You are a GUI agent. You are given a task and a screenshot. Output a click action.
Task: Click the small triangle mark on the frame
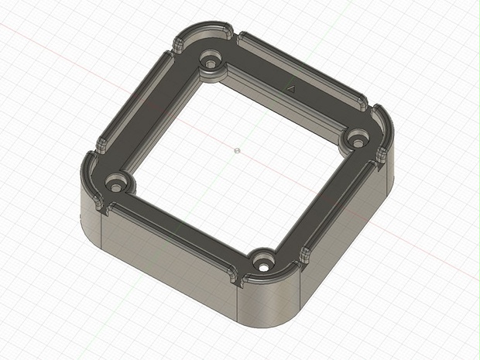292,89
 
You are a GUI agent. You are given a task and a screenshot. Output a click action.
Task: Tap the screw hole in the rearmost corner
209,61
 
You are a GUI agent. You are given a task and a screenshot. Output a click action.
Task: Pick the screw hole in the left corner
116,185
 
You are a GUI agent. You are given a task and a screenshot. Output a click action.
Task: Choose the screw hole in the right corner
355,140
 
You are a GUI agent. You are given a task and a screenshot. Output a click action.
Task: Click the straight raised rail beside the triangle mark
302,68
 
